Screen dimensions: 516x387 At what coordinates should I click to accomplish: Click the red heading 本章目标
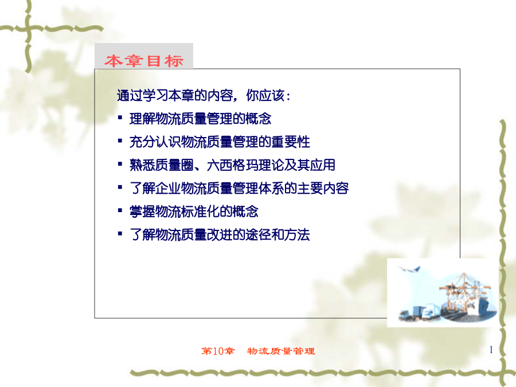144,61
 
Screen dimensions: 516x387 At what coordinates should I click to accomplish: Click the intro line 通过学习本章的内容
175,95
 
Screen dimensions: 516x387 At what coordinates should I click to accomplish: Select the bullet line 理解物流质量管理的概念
200,119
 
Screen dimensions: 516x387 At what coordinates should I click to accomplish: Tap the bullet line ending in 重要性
220,142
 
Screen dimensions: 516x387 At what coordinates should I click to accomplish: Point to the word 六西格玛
232,165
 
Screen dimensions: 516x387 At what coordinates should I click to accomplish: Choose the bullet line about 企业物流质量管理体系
239,188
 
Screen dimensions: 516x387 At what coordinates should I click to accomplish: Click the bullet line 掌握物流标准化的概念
194,212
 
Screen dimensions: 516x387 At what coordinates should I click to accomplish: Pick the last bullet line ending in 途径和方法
220,234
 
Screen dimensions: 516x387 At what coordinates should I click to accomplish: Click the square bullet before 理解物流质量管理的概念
120,118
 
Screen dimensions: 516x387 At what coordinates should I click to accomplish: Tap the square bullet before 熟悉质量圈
120,164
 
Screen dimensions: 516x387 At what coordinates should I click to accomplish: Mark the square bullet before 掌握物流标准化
120,210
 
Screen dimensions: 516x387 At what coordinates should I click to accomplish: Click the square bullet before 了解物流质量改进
120,234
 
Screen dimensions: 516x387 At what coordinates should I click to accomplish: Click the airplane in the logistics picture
410,269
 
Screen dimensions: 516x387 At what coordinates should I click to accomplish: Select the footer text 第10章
218,351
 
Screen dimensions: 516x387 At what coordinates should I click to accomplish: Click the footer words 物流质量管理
281,351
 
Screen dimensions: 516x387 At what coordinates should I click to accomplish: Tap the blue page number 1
491,350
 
